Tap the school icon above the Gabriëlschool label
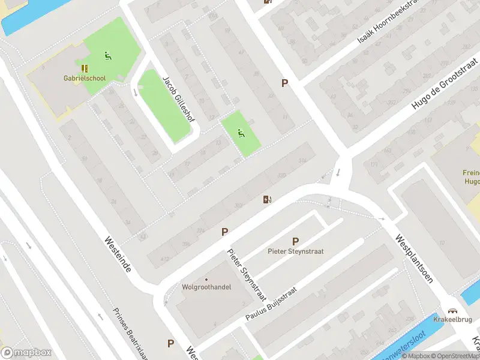pos(84,68)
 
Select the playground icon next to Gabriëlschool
pos(108,56)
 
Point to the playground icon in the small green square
pos(242,133)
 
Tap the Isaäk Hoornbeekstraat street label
pos(387,27)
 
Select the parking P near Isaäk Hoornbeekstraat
pos(284,83)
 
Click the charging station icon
pos(267,199)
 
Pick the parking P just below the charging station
pos(225,232)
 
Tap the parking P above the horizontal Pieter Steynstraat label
pos(295,241)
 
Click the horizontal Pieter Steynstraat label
pos(295,251)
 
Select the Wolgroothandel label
pos(206,287)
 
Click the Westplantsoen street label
pos(413,259)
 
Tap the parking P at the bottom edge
pos(171,344)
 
